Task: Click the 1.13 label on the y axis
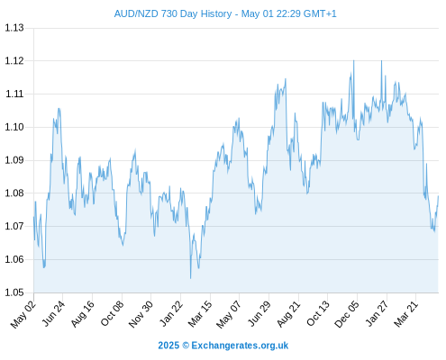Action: pos(14,28)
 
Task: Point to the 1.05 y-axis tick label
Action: pos(14,292)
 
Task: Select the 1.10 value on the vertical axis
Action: pos(14,127)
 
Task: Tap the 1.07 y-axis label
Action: pos(14,226)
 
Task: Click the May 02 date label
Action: pos(23,314)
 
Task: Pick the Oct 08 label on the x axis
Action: pos(112,314)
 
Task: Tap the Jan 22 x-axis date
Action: pos(170,314)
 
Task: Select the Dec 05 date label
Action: pos(346,314)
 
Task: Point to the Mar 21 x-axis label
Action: pos(405,314)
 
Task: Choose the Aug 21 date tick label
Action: pos(288,314)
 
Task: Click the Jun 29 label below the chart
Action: pos(259,314)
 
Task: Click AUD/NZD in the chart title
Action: pos(136,13)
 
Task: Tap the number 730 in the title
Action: pos(168,13)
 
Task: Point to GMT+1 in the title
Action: pos(320,13)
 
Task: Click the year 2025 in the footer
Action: pos(168,346)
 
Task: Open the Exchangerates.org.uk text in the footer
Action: pos(240,346)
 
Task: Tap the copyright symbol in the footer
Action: pos(186,346)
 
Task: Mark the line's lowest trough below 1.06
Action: pos(190,278)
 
